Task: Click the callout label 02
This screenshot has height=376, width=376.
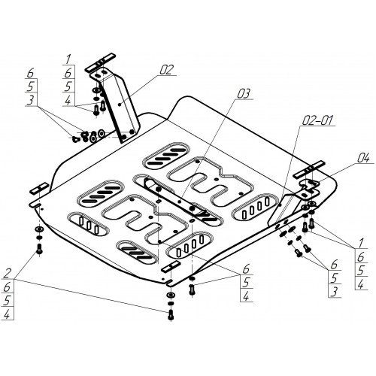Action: pyautogui.click(x=167, y=70)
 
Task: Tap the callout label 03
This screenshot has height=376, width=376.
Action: pyautogui.click(x=244, y=94)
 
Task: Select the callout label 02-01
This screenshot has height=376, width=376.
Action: pyautogui.click(x=318, y=120)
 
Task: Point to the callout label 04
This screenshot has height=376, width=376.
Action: pyautogui.click(x=363, y=159)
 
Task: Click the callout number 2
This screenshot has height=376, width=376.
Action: pyautogui.click(x=8, y=273)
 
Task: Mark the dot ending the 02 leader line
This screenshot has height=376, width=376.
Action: pyautogui.click(x=120, y=105)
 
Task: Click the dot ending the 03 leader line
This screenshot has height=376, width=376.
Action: pyautogui.click(x=179, y=202)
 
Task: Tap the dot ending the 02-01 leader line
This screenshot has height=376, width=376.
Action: pyautogui.click(x=280, y=205)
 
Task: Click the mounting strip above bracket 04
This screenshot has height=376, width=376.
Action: pyautogui.click(x=311, y=170)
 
